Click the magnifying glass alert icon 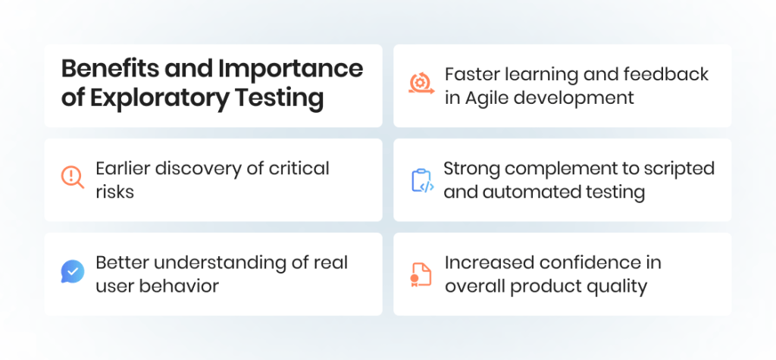coord(73,177)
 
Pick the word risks coord(114,192)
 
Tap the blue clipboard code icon coord(421,180)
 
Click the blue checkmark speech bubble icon coord(73,272)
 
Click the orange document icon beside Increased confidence coord(421,274)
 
